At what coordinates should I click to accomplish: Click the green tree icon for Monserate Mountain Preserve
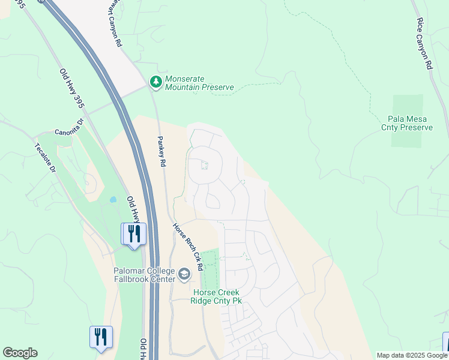(156, 81)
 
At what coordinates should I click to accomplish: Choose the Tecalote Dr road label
(45, 158)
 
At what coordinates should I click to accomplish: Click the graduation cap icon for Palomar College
(184, 275)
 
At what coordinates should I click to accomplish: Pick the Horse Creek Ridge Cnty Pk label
(217, 296)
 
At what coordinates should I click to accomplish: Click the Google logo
(20, 353)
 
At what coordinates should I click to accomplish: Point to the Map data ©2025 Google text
(411, 355)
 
